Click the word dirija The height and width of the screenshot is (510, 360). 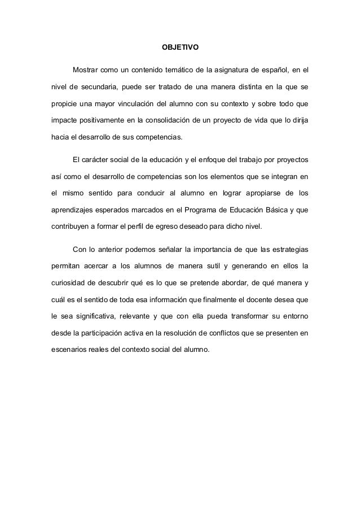coord(299,121)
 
